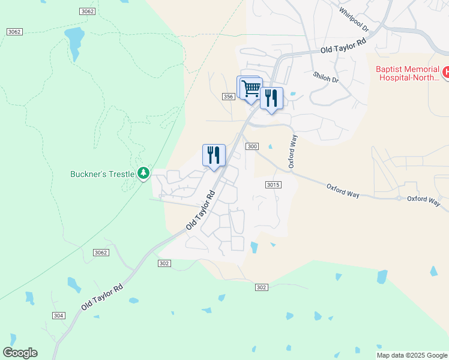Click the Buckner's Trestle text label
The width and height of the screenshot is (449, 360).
point(102,174)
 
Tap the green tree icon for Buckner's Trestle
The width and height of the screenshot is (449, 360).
point(143,173)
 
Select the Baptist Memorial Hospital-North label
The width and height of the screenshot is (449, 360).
point(408,73)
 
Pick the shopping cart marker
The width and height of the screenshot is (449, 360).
point(251,88)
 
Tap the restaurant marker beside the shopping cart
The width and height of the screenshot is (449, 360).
point(271,98)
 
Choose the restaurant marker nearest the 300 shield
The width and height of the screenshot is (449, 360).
point(214,155)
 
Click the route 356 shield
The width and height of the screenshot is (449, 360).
point(228,97)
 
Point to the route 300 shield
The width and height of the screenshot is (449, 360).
point(252,146)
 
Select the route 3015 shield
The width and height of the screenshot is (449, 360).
point(273,185)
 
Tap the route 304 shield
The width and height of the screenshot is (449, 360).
point(58,316)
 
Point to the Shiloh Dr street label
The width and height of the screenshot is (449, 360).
point(326,77)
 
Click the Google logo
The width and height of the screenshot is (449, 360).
point(20,353)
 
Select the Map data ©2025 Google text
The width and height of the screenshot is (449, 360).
point(412,355)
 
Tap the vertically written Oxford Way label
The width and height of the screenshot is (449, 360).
point(293,152)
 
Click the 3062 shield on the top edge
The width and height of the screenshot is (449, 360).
point(87,11)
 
